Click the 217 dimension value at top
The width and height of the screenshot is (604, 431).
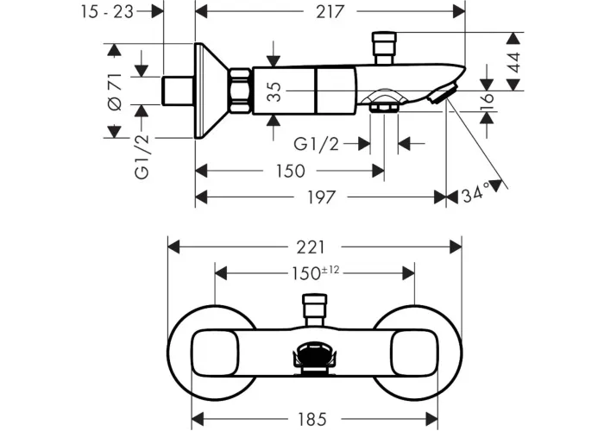pyautogui.click(x=330, y=12)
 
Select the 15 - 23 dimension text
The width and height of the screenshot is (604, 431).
pyautogui.click(x=107, y=12)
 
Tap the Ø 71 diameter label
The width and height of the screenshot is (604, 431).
pyautogui.click(x=115, y=92)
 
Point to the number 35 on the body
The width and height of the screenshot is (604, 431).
pyautogui.click(x=274, y=92)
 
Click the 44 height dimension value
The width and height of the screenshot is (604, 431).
pyautogui.click(x=513, y=62)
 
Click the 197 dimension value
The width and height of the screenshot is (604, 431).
pyautogui.click(x=321, y=197)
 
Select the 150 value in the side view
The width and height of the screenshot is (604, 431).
pyautogui.click(x=291, y=171)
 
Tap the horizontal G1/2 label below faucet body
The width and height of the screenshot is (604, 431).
pyautogui.click(x=316, y=144)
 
